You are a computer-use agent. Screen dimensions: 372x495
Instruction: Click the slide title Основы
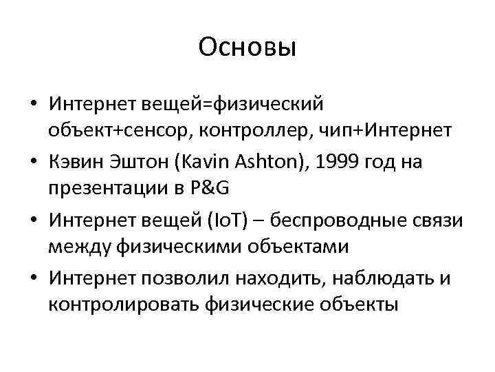pyautogui.click(x=247, y=48)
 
